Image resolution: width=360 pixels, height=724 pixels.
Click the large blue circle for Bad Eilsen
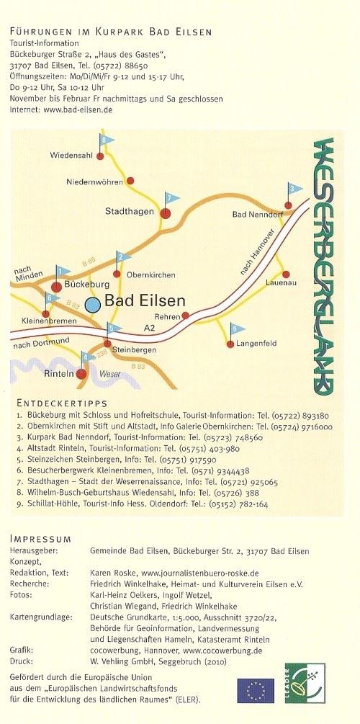pyautogui.click(x=92, y=305)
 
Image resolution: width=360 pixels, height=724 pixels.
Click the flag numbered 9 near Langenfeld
pyautogui.click(x=234, y=330)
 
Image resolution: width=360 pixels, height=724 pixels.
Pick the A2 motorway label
pyautogui.click(x=150, y=328)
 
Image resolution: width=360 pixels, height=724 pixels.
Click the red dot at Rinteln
pyautogui.click(x=82, y=374)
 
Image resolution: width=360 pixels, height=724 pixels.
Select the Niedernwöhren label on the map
pyautogui.click(x=94, y=182)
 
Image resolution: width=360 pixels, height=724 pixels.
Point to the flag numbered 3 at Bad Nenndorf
pyautogui.click(x=291, y=189)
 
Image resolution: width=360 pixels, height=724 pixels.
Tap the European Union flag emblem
pyautogui.click(x=256, y=690)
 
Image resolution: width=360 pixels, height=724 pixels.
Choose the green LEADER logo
pyautogui.click(x=304, y=682)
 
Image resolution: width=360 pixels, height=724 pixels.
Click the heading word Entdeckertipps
pyautogui.click(x=60, y=403)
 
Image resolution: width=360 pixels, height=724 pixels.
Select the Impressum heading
pyautogui.click(x=40, y=539)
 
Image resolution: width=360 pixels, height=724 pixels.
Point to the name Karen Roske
pyautogui.click(x=112, y=573)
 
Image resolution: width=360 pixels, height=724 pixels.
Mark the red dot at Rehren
pyautogui.click(x=185, y=316)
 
